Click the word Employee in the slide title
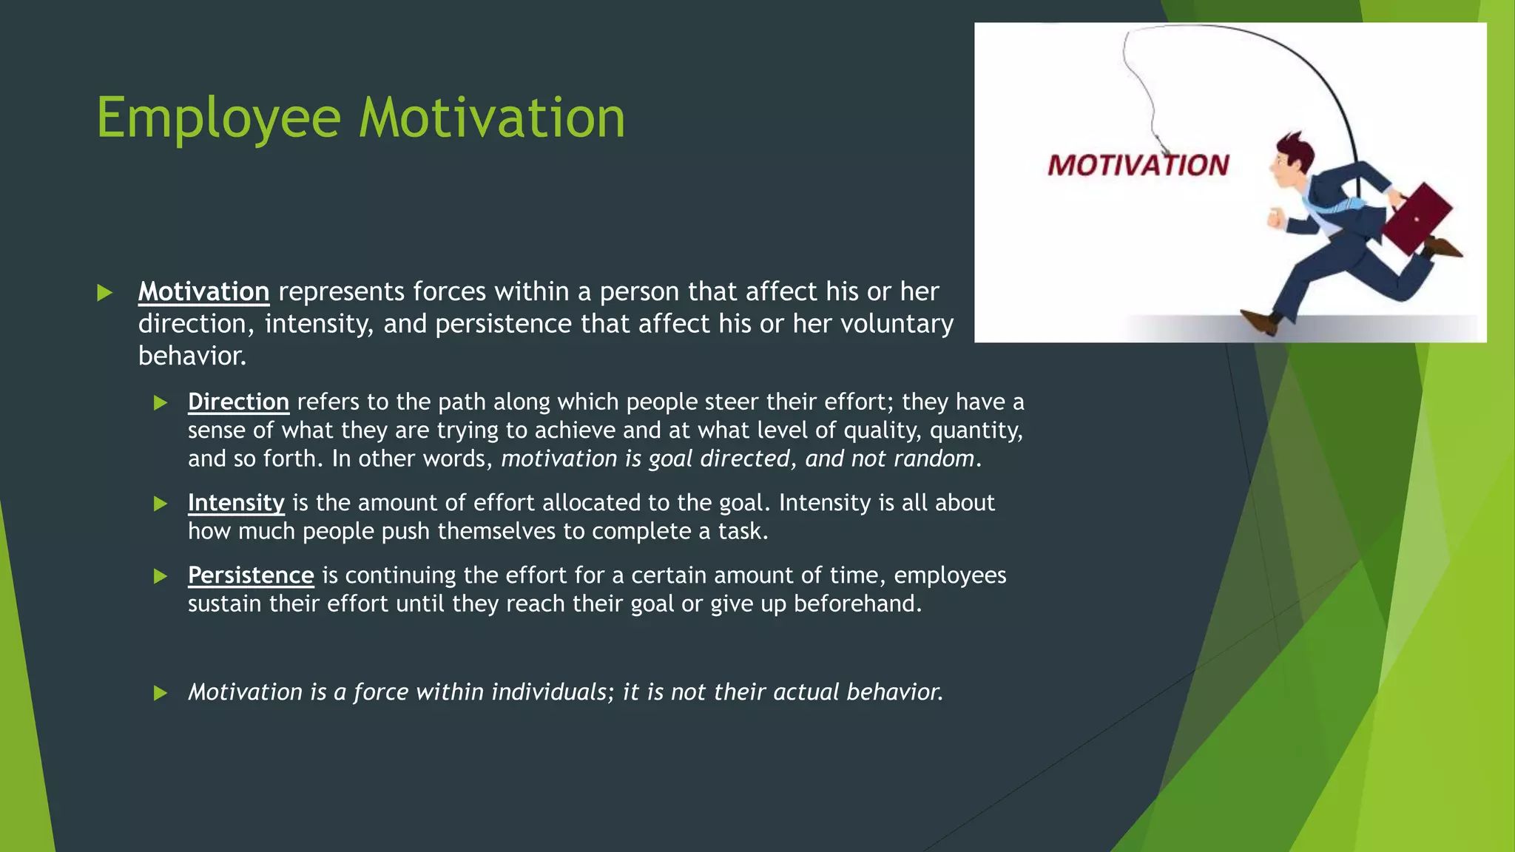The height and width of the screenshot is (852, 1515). (x=218, y=118)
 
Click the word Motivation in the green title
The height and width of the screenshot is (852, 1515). (x=492, y=118)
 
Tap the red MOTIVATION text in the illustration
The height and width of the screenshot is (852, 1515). (x=1138, y=166)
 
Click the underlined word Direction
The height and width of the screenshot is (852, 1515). (x=238, y=402)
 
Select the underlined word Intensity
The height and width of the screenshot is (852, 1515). (x=236, y=503)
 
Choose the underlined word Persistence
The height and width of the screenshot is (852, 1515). (x=251, y=575)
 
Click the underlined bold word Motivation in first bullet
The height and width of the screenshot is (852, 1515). (x=203, y=291)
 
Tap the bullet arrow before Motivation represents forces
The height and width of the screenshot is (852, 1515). (x=104, y=293)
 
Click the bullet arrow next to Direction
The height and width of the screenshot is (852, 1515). (x=161, y=403)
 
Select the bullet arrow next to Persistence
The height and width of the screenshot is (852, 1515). (x=161, y=577)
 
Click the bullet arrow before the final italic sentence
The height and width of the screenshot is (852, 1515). (x=161, y=693)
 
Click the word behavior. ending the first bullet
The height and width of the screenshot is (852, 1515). (x=192, y=356)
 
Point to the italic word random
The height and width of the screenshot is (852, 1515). (x=933, y=459)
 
